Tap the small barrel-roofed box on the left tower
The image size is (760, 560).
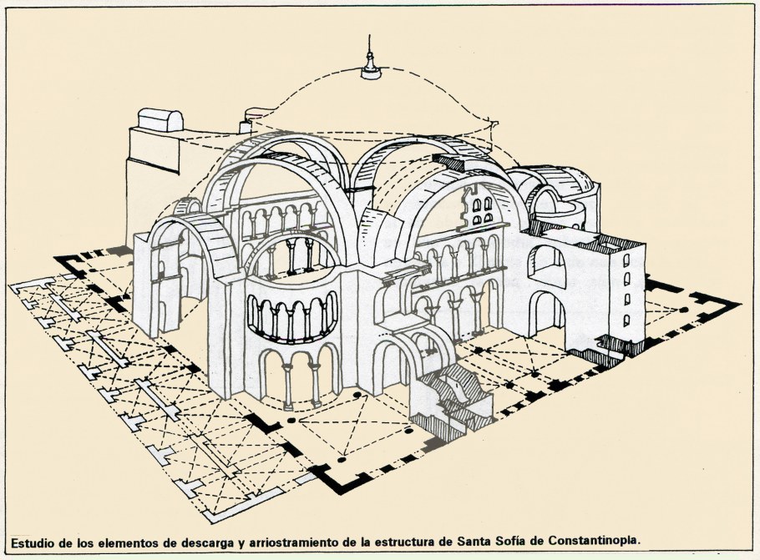[x=160, y=120]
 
